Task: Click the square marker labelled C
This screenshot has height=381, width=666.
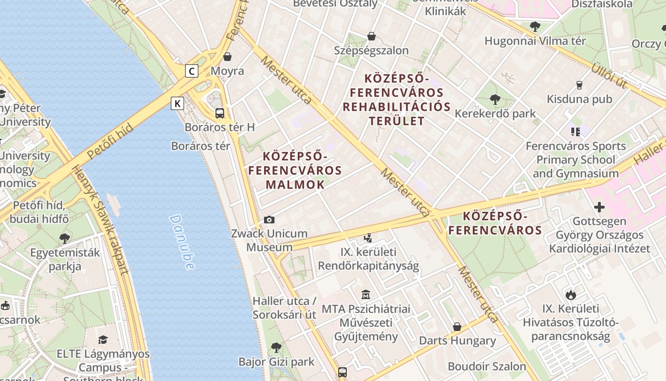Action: point(191,71)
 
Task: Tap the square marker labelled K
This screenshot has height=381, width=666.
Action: point(177,103)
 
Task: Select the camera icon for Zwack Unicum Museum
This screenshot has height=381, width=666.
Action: point(269,220)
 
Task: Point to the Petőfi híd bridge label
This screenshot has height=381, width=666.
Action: point(110,142)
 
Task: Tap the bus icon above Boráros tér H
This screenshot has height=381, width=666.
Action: point(219,113)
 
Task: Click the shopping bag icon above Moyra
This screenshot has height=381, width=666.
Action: point(228,57)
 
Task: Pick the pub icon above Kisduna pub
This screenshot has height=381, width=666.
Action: point(579,85)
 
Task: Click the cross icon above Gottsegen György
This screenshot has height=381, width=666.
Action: point(599,207)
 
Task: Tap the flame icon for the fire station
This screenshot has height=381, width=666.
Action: point(570,295)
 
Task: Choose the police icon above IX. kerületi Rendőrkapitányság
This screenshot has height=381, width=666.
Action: point(368,238)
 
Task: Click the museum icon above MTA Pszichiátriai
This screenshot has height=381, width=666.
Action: point(366,295)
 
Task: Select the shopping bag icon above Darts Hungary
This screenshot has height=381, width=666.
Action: point(457,327)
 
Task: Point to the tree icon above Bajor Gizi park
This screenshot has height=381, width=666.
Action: point(276,348)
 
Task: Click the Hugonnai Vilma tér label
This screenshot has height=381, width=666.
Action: point(535,41)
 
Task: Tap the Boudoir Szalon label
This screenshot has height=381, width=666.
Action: point(487,367)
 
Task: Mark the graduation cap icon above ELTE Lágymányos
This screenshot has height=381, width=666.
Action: point(103,340)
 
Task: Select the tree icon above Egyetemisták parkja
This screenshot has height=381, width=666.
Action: point(65,238)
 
